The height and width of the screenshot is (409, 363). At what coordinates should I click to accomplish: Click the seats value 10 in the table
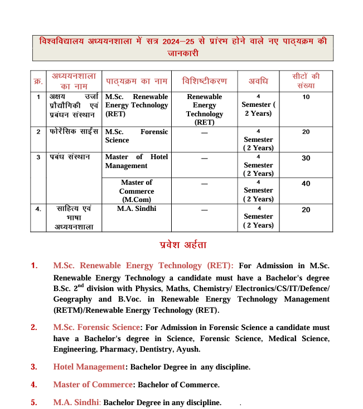[306, 97]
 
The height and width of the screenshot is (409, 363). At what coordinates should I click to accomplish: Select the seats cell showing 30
[306, 158]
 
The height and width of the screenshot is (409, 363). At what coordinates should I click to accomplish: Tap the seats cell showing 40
[306, 184]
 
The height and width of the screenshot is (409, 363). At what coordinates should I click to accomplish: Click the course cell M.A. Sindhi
[137, 209]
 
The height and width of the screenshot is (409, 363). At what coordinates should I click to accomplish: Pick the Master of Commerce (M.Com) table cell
[137, 191]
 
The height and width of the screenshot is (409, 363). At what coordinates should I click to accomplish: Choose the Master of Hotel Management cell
[137, 161]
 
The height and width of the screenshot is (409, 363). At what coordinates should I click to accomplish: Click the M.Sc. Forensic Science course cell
[137, 136]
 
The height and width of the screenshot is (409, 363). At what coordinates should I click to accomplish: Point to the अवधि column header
[258, 81]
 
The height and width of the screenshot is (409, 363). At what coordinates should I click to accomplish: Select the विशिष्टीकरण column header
[205, 81]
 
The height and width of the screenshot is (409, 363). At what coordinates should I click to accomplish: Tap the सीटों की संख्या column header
[306, 81]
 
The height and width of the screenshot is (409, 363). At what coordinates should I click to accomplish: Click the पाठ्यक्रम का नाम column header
[137, 81]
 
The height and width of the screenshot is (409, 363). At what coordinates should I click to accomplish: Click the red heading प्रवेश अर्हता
[182, 245]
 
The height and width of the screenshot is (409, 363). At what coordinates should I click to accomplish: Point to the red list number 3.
[34, 367]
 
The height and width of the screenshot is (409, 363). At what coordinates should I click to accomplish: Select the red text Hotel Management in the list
[89, 367]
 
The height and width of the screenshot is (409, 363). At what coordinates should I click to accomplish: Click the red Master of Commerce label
[93, 385]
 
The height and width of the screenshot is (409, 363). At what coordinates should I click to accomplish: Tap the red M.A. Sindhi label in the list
[76, 402]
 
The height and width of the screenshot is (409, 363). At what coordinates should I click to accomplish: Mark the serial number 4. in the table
[38, 209]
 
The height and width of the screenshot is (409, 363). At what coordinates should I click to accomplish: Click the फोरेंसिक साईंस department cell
[74, 132]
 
